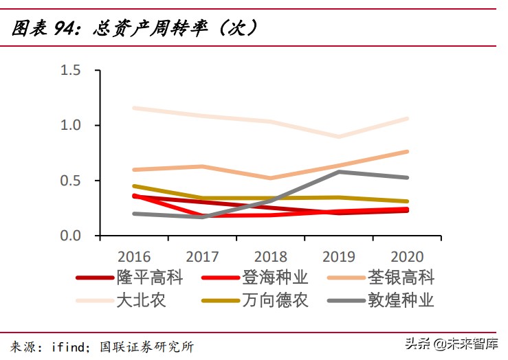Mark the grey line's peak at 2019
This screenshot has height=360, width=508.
pyautogui.click(x=339, y=172)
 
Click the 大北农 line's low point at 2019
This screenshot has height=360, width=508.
pyautogui.click(x=339, y=137)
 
